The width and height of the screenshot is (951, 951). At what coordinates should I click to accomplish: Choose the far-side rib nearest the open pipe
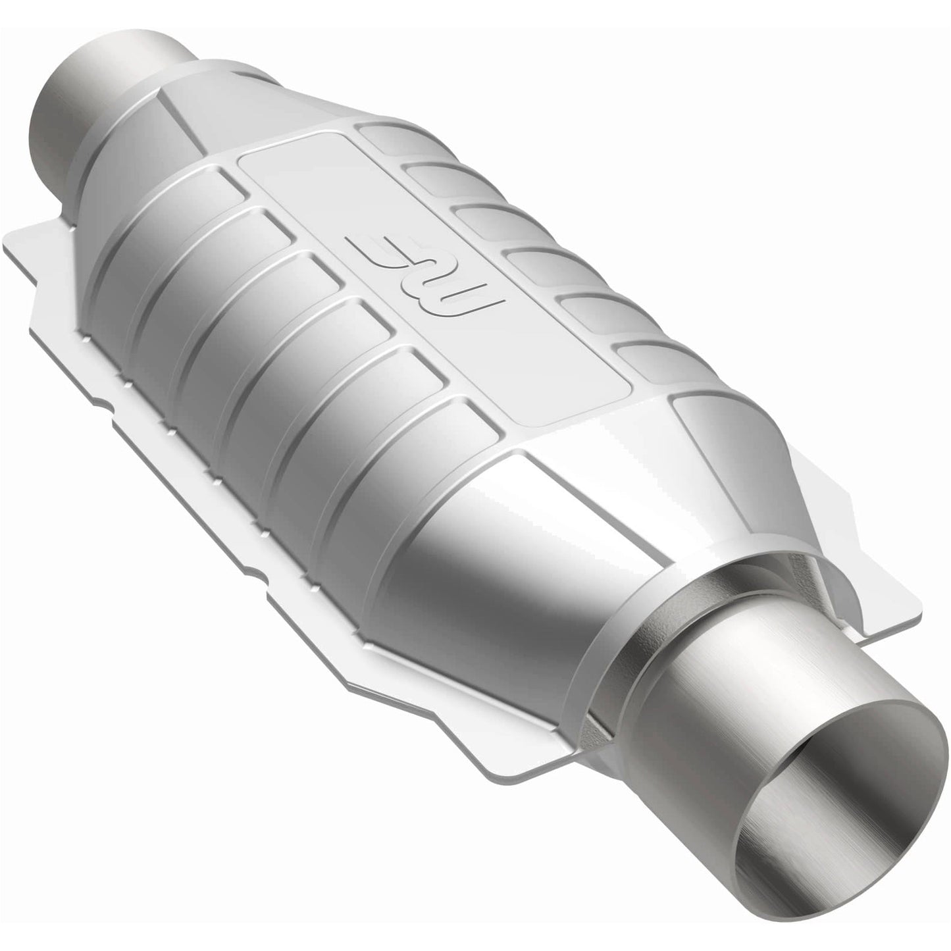[632, 359]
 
